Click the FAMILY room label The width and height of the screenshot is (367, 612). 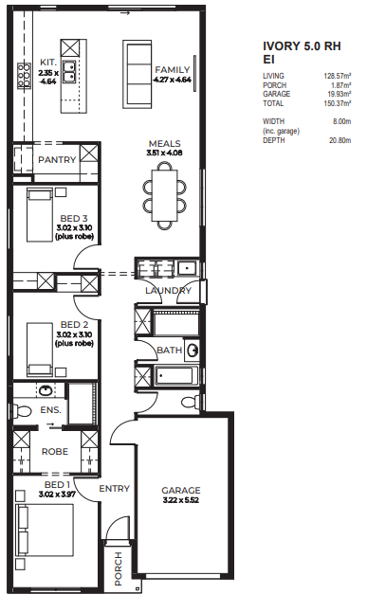click(x=173, y=70)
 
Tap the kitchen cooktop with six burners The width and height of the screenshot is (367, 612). click(x=24, y=76)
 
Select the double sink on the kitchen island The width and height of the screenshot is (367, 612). click(x=69, y=72)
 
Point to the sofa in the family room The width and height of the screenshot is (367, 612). click(x=138, y=74)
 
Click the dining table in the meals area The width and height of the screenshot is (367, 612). click(x=164, y=195)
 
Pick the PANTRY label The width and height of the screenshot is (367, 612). click(x=57, y=160)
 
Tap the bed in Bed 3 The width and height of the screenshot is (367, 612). click(x=40, y=215)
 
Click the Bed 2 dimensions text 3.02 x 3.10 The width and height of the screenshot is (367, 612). click(x=74, y=334)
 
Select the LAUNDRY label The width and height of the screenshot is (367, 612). click(x=168, y=291)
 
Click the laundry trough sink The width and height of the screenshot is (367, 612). click(x=188, y=268)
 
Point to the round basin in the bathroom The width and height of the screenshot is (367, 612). click(x=193, y=350)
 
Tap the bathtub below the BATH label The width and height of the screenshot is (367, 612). click(x=174, y=375)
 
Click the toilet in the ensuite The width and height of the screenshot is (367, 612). click(x=22, y=410)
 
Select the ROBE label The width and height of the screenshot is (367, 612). click(x=55, y=452)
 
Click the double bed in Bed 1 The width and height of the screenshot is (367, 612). click(x=45, y=530)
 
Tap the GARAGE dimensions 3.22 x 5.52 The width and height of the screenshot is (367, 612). click(x=181, y=500)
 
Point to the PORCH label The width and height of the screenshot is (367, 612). click(x=119, y=568)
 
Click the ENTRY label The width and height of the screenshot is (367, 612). click(x=114, y=489)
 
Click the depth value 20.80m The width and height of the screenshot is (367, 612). click(x=340, y=140)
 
